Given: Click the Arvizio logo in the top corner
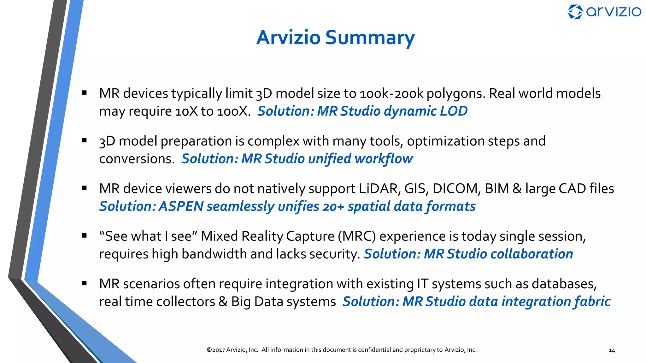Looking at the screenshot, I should [604, 12].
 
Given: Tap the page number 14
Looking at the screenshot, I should [612, 350].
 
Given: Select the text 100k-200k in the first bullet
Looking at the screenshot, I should [391, 94].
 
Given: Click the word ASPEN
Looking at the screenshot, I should [181, 206].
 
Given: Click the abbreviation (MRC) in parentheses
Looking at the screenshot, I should [357, 236].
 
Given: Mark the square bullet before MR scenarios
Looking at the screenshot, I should [84, 283].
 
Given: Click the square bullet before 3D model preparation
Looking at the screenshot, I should [84, 141].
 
